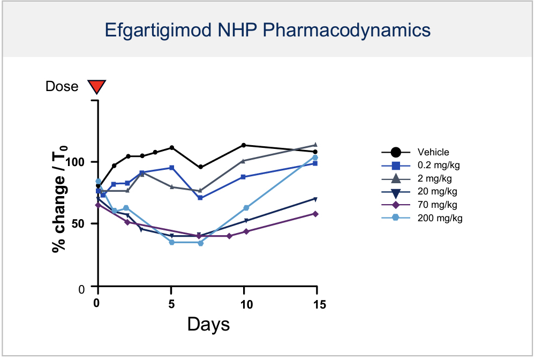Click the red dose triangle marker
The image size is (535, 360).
click(x=97, y=86)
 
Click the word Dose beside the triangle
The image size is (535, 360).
click(x=62, y=87)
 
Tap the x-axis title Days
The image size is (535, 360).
click(x=208, y=324)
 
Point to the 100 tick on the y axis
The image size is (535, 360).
click(x=79, y=162)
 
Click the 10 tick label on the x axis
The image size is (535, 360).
click(x=244, y=304)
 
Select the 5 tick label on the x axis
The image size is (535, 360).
click(x=171, y=304)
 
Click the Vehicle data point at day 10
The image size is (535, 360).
click(x=244, y=145)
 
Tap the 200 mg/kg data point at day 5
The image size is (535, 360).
click(x=172, y=242)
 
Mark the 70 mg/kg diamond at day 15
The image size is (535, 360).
click(x=315, y=214)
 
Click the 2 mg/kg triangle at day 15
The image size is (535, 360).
click(x=315, y=145)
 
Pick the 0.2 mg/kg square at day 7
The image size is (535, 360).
click(x=200, y=198)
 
